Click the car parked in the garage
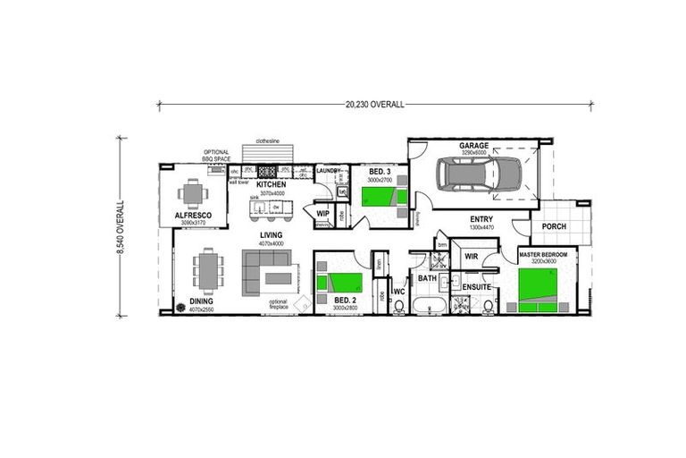tap(481, 175)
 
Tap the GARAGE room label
tap(473, 146)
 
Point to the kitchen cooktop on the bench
tap(267, 172)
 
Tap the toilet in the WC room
tap(398, 307)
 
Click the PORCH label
tap(554, 226)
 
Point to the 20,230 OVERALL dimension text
tap(374, 104)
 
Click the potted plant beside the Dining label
tap(181, 307)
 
